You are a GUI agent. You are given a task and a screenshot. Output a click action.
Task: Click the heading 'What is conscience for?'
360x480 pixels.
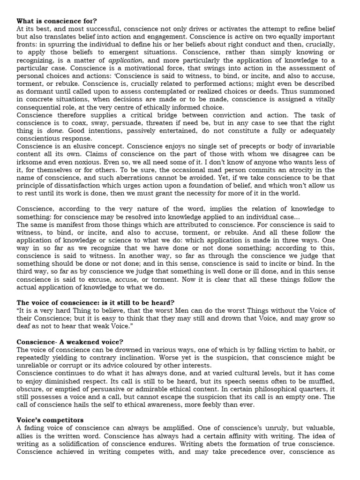tap(57, 21)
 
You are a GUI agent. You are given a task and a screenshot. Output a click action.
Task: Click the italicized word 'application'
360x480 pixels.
tap(124, 60)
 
